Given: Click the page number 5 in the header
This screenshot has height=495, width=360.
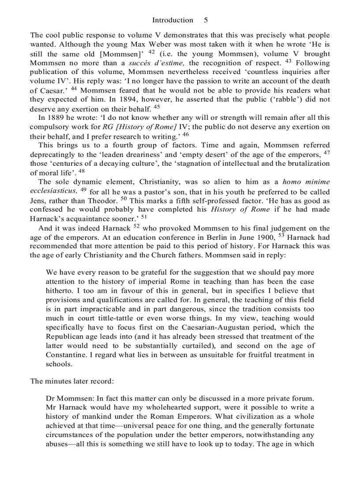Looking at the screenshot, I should click(206, 20).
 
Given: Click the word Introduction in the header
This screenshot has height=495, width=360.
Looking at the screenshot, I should click(172, 20).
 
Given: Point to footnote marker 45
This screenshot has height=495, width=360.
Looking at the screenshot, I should click(157, 107).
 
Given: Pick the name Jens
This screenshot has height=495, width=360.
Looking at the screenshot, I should click(39, 200).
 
